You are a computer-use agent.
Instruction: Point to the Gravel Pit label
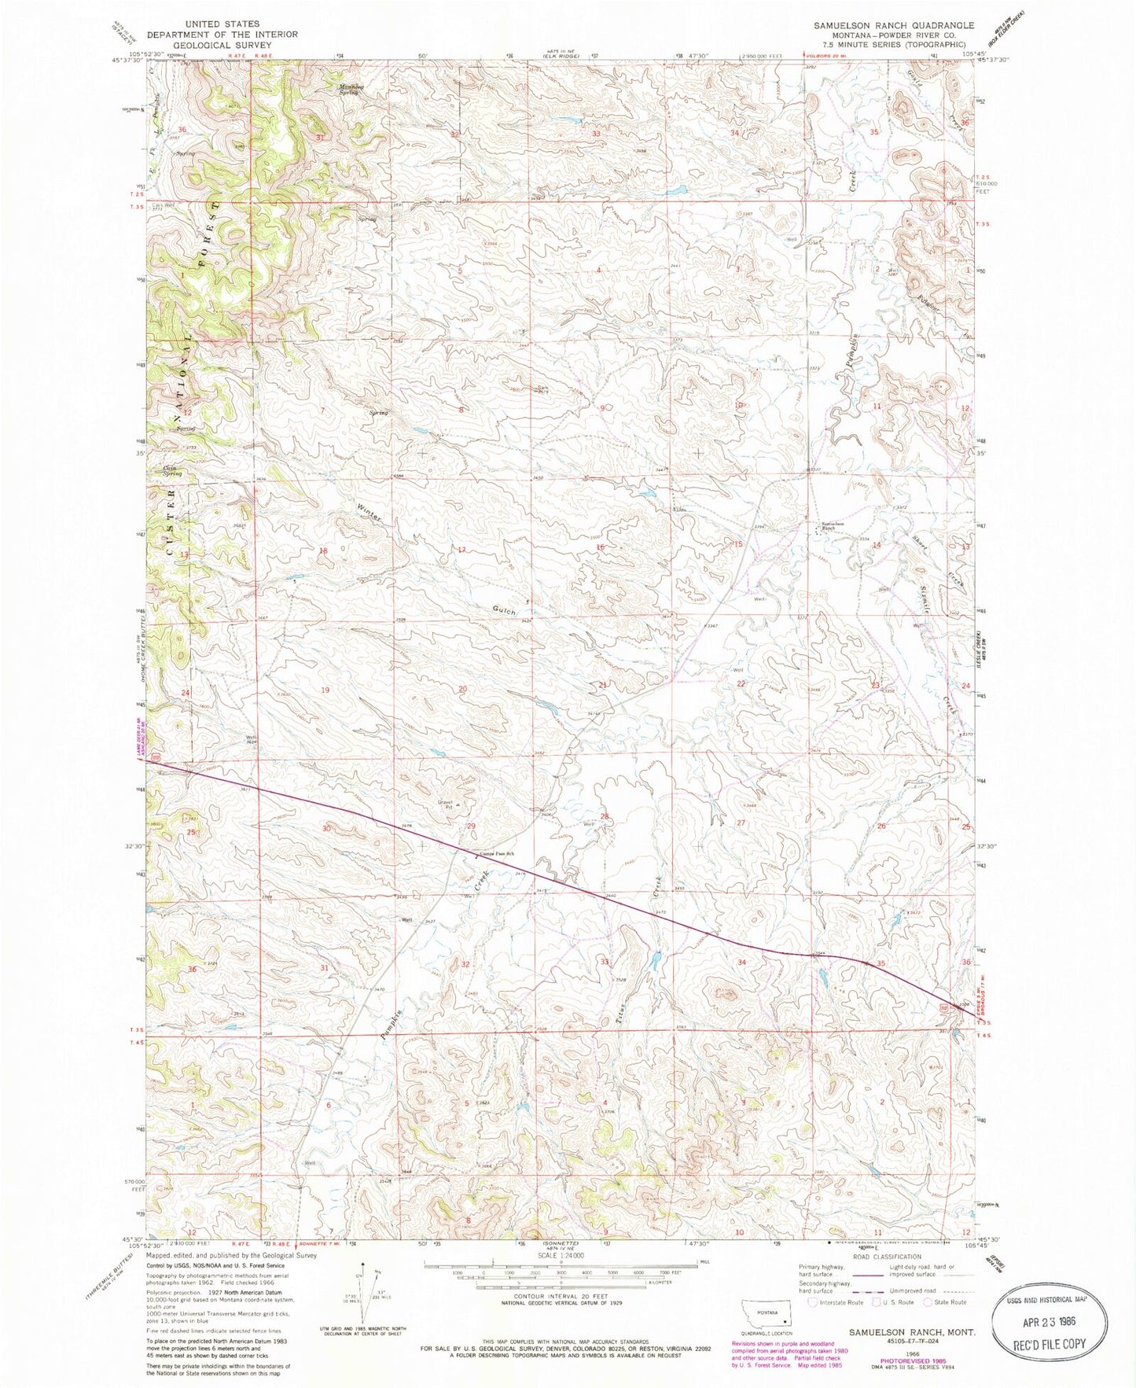pyautogui.click(x=444, y=804)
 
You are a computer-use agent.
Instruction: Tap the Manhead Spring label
pyautogui.click(x=343, y=89)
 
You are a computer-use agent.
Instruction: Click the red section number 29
pyautogui.click(x=472, y=826)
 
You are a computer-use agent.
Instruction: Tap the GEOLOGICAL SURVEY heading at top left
pyautogui.click(x=223, y=45)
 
